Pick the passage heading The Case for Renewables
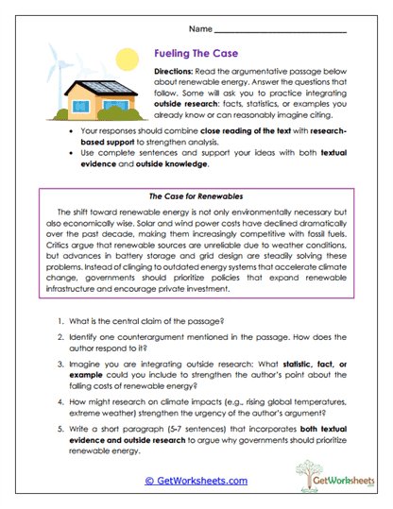pyautogui.click(x=196, y=192)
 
